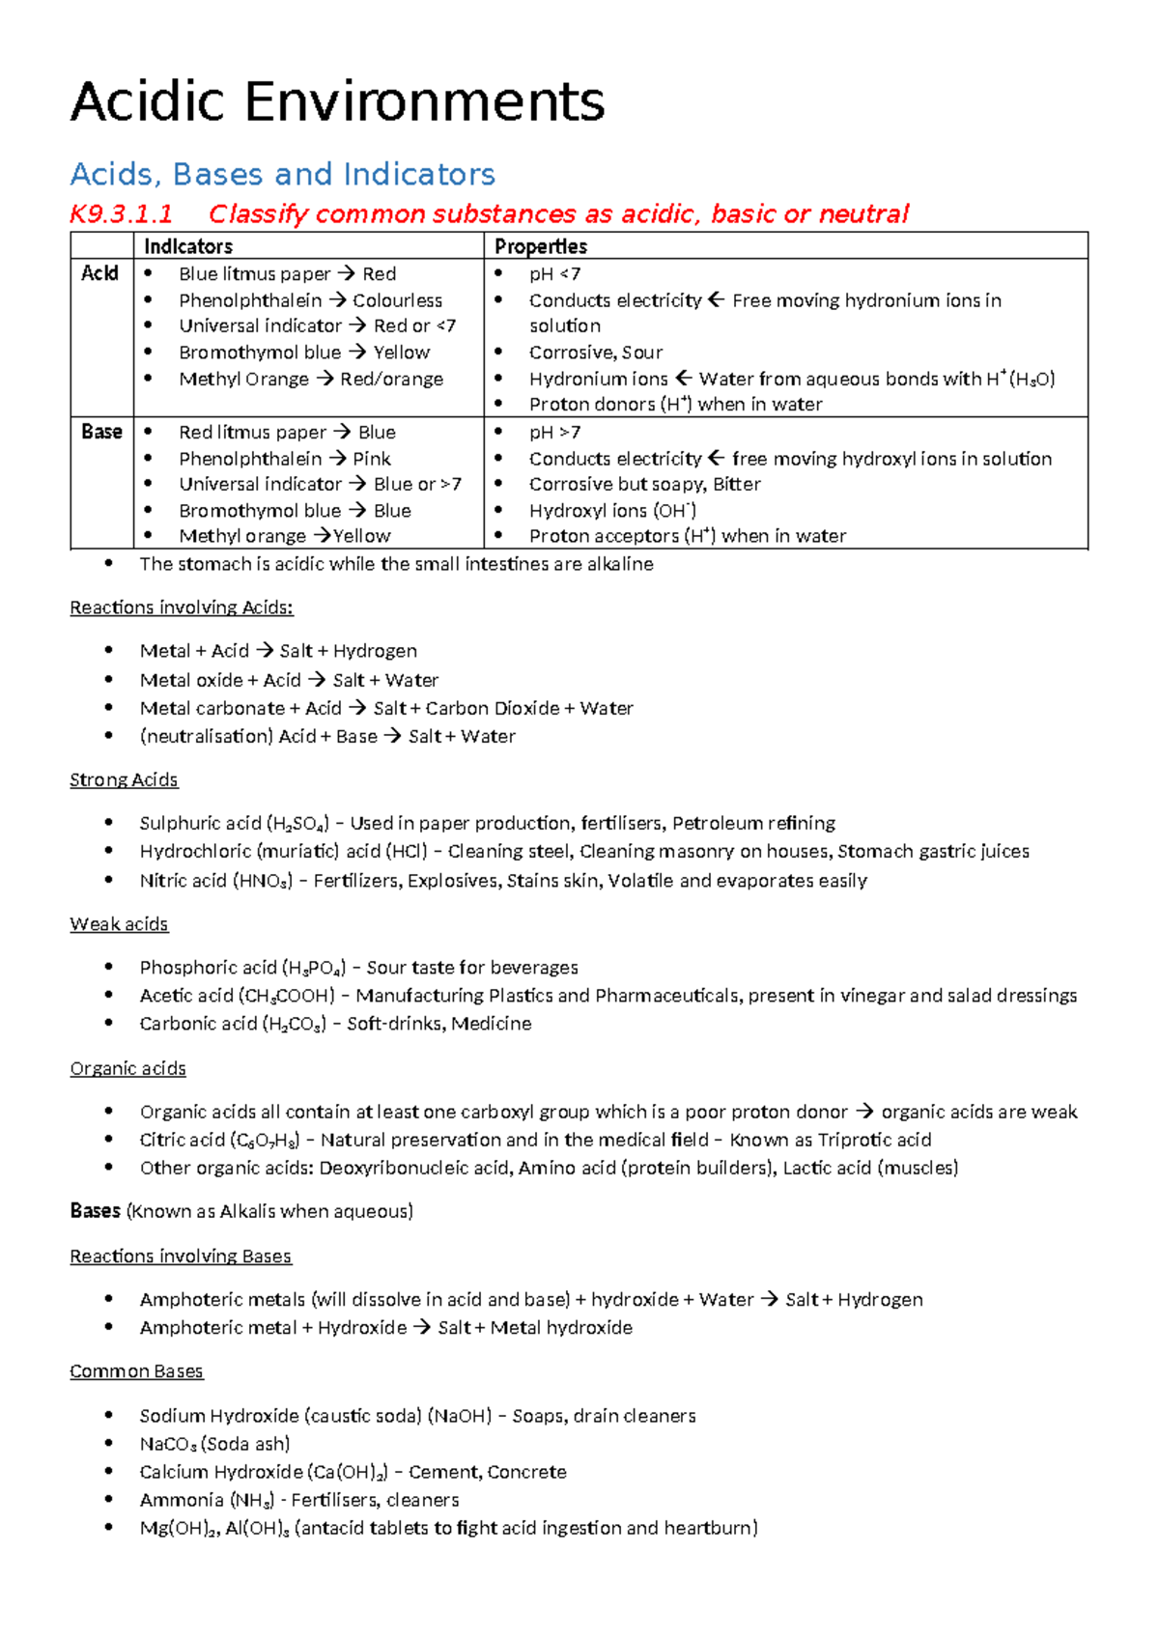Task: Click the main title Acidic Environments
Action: coord(337,102)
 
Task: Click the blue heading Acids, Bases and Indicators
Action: coord(282,174)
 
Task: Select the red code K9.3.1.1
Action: coord(121,213)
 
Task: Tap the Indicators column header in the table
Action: coord(188,246)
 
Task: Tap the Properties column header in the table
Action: coord(541,246)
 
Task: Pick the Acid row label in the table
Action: coord(99,273)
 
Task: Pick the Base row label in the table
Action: coord(101,432)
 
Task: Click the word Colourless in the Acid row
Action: coord(397,300)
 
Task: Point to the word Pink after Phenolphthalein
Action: coord(372,459)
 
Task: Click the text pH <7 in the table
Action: coord(554,274)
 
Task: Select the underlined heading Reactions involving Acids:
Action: coord(182,607)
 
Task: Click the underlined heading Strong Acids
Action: coord(124,779)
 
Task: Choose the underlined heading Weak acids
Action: coord(119,924)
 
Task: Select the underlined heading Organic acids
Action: coord(127,1068)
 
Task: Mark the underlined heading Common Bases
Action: coord(136,1371)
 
